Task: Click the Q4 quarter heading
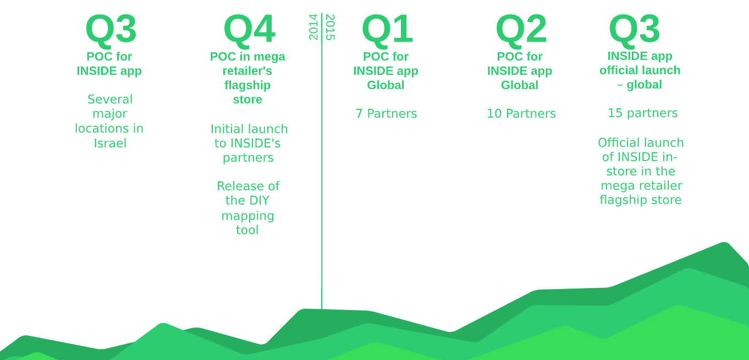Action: [x=250, y=30]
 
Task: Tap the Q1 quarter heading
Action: [x=387, y=30]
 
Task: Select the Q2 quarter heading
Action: [x=521, y=30]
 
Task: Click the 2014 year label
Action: [x=313, y=27]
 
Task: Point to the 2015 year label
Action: [x=330, y=27]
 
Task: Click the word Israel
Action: [x=110, y=143]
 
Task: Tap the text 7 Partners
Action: [x=386, y=114]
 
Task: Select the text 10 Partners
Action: [x=521, y=114]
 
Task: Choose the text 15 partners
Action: [x=643, y=113]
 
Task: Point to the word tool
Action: [x=247, y=230]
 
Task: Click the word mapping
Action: [x=248, y=216]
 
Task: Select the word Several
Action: [x=110, y=99]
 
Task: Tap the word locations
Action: [x=100, y=129]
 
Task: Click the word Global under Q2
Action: [x=520, y=85]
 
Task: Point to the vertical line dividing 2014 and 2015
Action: [x=322, y=161]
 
